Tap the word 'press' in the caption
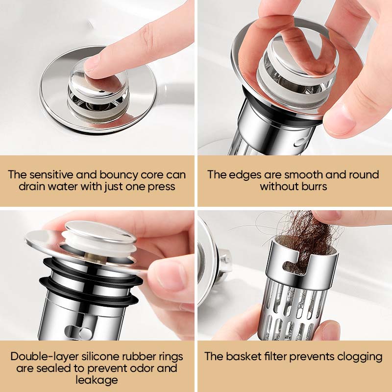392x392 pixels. (162, 187)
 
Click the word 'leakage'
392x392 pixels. (97, 380)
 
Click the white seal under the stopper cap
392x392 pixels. (100, 244)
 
